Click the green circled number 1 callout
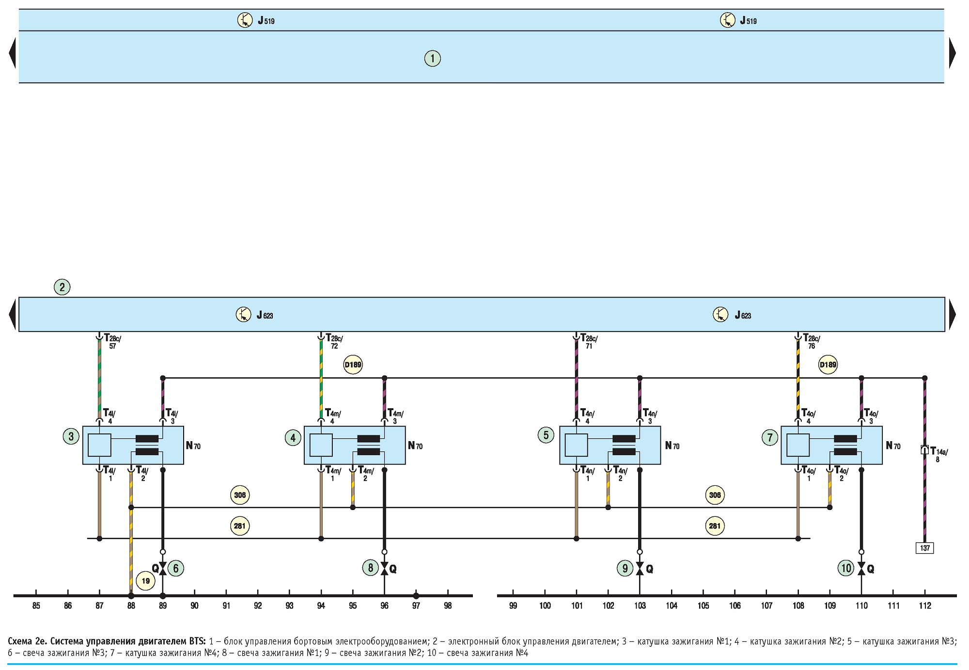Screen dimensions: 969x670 [433, 59]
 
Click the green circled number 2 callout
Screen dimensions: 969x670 [62, 287]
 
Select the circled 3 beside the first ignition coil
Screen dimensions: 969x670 [71, 436]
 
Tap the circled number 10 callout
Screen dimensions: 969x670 [846, 568]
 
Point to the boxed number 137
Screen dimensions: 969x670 [925, 548]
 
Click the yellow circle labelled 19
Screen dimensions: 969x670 [145, 581]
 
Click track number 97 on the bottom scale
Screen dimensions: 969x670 [416, 606]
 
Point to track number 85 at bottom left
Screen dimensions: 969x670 [36, 606]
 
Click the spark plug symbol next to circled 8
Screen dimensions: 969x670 [385, 568]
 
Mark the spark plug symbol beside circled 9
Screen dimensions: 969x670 [640, 568]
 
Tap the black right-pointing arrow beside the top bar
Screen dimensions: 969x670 [953, 53]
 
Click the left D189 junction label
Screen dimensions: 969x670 [353, 365]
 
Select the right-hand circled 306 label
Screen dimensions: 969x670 [715, 495]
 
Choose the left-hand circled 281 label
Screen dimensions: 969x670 [239, 526]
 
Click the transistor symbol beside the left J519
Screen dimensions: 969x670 [245, 20]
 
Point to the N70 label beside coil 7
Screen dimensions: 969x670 [893, 446]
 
